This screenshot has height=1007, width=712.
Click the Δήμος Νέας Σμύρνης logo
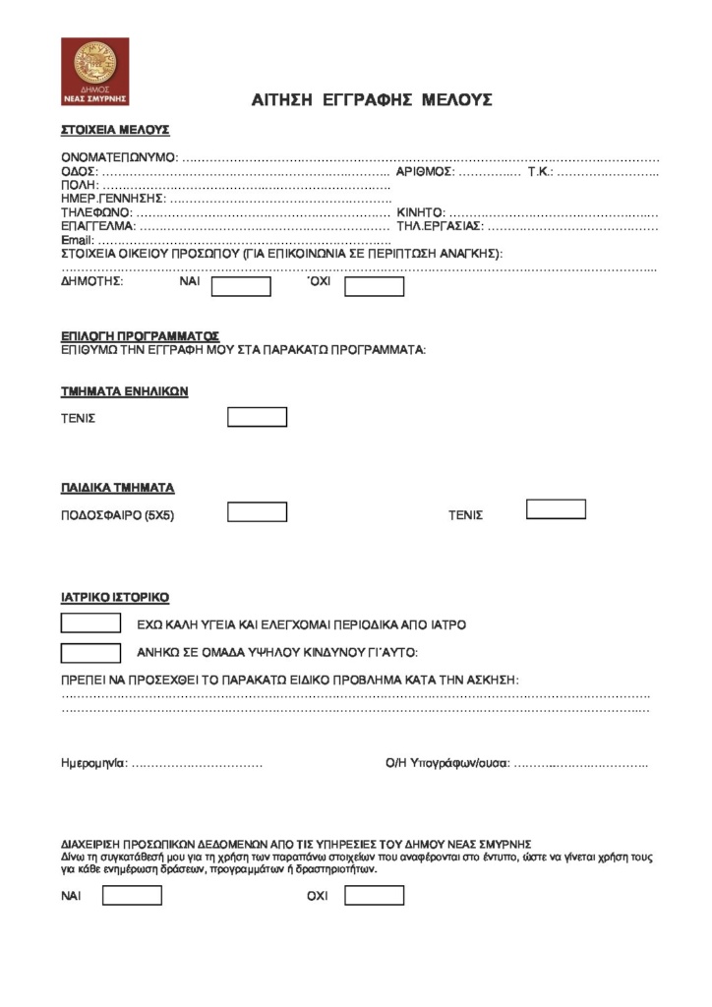pyautogui.click(x=94, y=72)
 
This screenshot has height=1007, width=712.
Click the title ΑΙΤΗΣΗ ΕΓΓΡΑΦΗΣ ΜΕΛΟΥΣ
pyautogui.click(x=372, y=100)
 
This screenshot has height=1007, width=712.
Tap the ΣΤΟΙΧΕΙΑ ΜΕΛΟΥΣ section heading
pyautogui.click(x=116, y=129)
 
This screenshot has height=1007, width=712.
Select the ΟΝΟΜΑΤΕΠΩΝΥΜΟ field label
pyautogui.click(x=119, y=157)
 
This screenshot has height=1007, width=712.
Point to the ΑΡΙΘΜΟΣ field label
pyautogui.click(x=425, y=171)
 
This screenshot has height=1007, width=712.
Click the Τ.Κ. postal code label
pyautogui.click(x=541, y=171)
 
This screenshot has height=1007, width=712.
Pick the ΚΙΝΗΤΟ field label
pyautogui.click(x=420, y=212)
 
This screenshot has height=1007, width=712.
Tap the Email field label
pyautogui.click(x=78, y=240)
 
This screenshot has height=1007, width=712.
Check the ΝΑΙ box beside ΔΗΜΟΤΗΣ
pyautogui.click(x=241, y=286)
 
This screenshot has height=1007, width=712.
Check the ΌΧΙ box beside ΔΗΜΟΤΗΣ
pyautogui.click(x=374, y=286)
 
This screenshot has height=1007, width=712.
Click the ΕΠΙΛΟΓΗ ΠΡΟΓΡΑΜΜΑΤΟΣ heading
pyautogui.click(x=140, y=336)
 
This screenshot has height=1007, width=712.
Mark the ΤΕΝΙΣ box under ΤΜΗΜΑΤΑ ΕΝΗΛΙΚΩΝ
pyautogui.click(x=257, y=417)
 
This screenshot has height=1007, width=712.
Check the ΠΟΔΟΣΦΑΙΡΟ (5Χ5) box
pyautogui.click(x=257, y=512)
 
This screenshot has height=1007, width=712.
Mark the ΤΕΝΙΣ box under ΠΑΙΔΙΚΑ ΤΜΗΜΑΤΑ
pyautogui.click(x=556, y=509)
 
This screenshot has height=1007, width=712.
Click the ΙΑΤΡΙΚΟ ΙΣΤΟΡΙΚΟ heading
pyautogui.click(x=116, y=597)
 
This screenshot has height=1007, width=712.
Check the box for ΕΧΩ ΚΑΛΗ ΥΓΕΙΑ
pyautogui.click(x=90, y=623)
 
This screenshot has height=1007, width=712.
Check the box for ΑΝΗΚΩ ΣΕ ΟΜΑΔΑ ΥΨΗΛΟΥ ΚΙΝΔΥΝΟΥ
pyautogui.click(x=90, y=652)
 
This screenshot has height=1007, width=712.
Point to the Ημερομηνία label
pyautogui.click(x=94, y=763)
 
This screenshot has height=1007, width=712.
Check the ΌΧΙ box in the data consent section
pyautogui.click(x=374, y=896)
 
